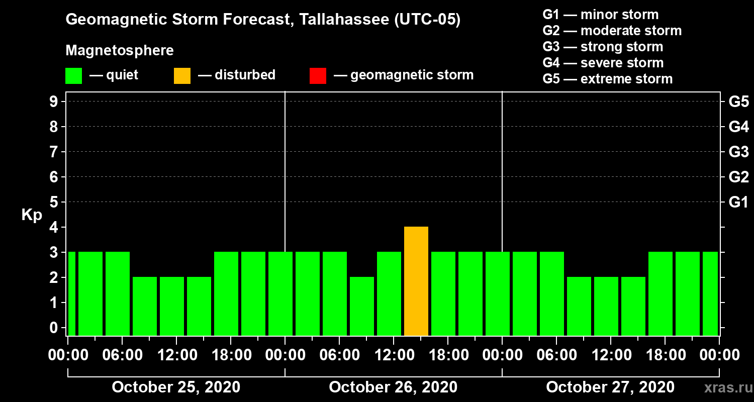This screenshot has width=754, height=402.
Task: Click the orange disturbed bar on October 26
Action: click(416, 281)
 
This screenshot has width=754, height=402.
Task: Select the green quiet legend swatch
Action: click(73, 75)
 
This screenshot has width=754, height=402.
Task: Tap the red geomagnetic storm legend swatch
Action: click(318, 75)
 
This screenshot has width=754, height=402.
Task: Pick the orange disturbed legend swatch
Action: click(182, 75)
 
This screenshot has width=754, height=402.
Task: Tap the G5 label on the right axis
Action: click(738, 102)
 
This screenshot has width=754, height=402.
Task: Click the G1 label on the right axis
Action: click(738, 202)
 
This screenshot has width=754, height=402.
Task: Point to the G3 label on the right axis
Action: click(738, 152)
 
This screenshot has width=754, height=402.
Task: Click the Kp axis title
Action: click(32, 215)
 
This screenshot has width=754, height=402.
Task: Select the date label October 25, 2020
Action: click(176, 387)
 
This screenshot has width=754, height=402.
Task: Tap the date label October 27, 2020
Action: click(610, 387)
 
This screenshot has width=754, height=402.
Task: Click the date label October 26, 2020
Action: click(393, 387)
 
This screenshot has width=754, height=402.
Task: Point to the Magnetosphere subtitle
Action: click(120, 51)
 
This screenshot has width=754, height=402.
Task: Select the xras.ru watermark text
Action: click(724, 388)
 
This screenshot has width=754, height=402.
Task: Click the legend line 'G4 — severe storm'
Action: click(603, 63)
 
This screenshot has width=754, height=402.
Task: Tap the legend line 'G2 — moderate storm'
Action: click(612, 31)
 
